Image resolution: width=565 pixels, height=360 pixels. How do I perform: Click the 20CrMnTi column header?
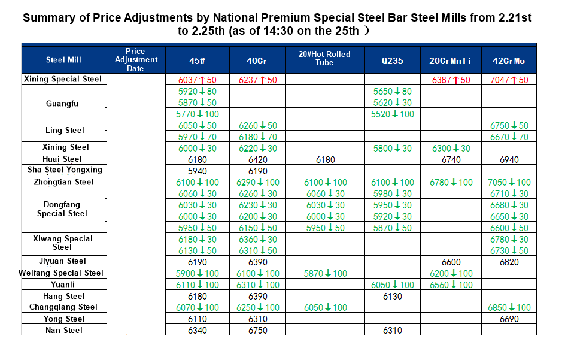tap(451, 60)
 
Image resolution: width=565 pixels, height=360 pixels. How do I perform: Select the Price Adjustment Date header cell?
tap(136, 60)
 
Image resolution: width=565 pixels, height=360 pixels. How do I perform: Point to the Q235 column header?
tap(393, 60)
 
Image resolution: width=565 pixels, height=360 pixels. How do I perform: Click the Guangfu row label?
tap(62, 104)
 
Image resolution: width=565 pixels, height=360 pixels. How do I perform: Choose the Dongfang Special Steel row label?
tap(62, 209)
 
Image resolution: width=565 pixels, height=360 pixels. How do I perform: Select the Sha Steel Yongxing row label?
tap(63, 170)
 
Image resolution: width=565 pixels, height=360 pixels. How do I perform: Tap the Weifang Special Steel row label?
tap(63, 273)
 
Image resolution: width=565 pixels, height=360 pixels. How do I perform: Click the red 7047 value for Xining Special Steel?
tap(509, 80)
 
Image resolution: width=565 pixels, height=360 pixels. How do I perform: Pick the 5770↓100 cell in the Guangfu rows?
tap(198, 114)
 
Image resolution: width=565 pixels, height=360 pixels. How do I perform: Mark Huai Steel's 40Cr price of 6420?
tap(258, 159)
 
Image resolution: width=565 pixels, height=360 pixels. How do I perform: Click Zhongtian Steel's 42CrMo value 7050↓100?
tap(509, 182)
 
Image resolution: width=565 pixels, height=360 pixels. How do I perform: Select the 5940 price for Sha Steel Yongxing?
tap(197, 171)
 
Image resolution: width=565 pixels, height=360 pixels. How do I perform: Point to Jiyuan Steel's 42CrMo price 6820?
tap(509, 262)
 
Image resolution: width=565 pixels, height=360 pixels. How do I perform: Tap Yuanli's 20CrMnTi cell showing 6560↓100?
tap(451, 285)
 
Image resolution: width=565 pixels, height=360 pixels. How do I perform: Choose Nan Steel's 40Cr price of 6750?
tap(258, 331)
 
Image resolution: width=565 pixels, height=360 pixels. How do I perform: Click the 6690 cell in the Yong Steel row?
tap(509, 319)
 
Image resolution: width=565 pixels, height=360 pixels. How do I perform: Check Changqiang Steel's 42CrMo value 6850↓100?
tap(509, 308)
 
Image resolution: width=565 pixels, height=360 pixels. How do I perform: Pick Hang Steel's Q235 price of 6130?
tap(393, 297)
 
